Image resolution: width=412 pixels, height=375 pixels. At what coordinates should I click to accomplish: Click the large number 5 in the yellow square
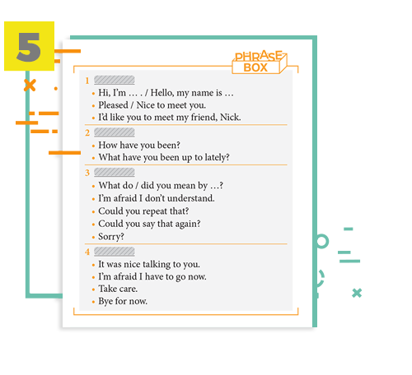[x=29, y=47]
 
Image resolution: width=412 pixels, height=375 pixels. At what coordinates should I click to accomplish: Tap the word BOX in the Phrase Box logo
[x=255, y=67]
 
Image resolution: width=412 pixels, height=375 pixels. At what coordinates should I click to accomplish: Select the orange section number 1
[x=87, y=81]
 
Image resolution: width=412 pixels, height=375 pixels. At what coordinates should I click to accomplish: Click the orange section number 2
[x=87, y=133]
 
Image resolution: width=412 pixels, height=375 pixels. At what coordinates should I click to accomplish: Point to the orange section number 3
[x=87, y=173]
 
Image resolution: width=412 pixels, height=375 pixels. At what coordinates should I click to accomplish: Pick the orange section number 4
[x=87, y=252]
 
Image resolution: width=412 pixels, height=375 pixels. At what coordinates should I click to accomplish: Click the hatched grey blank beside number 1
[x=115, y=80]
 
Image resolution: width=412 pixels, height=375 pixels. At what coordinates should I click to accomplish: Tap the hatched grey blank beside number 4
[x=115, y=252]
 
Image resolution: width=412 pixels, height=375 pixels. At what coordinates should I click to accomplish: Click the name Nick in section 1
[x=231, y=118]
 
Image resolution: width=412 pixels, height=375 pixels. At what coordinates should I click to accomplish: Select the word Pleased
[x=113, y=105]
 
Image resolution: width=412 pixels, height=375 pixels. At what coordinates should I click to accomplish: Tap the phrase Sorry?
[x=111, y=237]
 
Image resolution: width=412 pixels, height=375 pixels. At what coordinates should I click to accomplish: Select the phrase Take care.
[x=118, y=289]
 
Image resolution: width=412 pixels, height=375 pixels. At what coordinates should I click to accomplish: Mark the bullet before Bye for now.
[x=93, y=302]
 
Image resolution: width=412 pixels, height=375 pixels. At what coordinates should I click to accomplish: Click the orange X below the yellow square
[x=30, y=86]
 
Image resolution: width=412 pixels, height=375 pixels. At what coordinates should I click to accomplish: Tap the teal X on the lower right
[x=357, y=293]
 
